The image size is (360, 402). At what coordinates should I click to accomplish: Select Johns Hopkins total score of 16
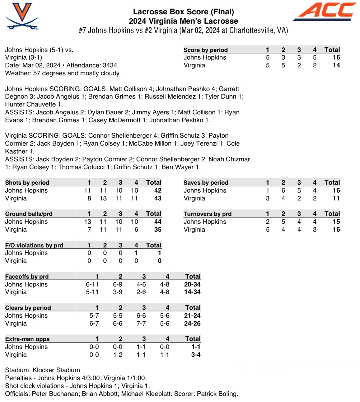pyautogui.click(x=336, y=57)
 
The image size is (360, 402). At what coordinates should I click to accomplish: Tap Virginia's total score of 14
pyautogui.click(x=336, y=65)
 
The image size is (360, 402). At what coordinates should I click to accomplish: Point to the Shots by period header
pyautogui.click(x=27, y=183)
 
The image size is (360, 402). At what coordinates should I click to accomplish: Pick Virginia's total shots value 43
pyautogui.click(x=158, y=198)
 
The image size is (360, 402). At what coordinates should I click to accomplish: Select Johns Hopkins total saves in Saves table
pyautogui.click(x=336, y=190)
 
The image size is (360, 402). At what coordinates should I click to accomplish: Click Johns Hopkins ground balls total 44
pyautogui.click(x=158, y=222)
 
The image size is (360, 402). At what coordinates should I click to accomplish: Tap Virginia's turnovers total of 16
pyautogui.click(x=336, y=230)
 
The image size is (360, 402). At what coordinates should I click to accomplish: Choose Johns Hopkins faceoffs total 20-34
pyautogui.click(x=192, y=284)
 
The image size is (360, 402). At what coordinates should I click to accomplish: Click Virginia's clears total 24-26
pyautogui.click(x=192, y=323)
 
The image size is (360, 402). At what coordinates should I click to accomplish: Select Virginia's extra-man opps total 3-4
pyautogui.click(x=196, y=355)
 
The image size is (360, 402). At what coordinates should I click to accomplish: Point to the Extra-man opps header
pyautogui.click(x=28, y=339)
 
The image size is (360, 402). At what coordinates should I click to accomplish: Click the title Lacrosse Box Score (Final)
pyautogui.click(x=183, y=12)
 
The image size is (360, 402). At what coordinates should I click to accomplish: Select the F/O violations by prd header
pyautogui.click(x=34, y=245)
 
